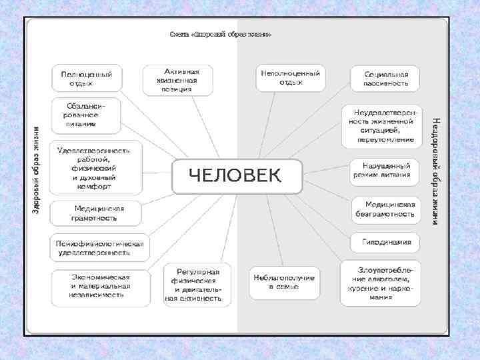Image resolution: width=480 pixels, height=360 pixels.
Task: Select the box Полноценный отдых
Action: click(87, 79)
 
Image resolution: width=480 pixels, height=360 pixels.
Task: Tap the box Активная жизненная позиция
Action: click(178, 79)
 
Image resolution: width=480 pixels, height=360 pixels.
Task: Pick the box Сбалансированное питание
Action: click(87, 115)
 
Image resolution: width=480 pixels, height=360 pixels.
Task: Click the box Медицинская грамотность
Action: click(96, 213)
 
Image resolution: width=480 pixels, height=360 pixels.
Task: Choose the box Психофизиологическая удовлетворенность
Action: click(98, 248)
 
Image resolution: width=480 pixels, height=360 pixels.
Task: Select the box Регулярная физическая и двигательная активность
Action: click(197, 285)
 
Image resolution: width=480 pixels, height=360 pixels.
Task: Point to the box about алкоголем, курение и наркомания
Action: click(381, 282)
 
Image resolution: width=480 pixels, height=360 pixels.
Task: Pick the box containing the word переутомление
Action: click(382, 126)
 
